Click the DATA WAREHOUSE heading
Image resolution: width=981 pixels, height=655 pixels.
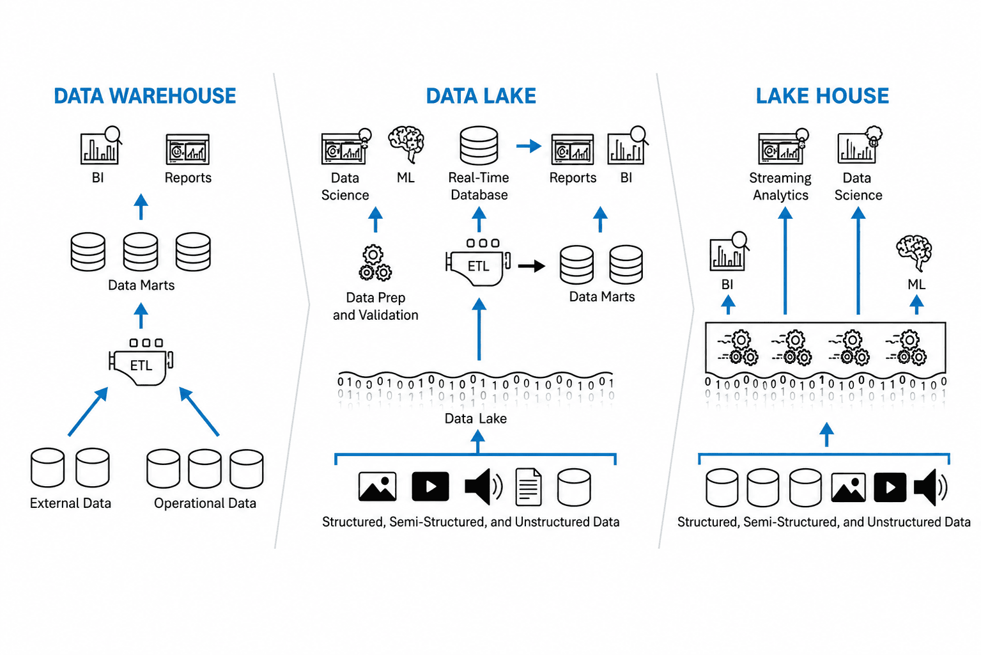[x=145, y=96]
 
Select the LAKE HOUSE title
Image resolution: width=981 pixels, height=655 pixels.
[x=823, y=96]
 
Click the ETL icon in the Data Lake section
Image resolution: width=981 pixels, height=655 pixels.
[x=478, y=263]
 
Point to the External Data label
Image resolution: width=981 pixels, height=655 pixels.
[x=70, y=503]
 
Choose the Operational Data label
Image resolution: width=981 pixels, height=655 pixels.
[x=205, y=503]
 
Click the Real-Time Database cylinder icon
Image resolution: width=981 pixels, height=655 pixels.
[x=479, y=146]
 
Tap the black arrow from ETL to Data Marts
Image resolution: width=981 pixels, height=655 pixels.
[x=532, y=265]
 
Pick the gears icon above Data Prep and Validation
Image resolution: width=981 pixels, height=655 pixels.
[x=375, y=263]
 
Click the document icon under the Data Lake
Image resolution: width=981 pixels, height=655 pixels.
[x=528, y=487]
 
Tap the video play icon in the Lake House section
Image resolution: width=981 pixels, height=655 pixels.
[x=890, y=487]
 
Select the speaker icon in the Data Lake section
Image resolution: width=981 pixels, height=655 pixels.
[x=484, y=487]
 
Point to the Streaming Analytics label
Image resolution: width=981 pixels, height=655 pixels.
[x=780, y=186]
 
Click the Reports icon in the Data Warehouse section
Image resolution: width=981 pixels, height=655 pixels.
[x=187, y=149]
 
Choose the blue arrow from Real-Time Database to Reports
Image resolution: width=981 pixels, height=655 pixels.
[x=529, y=146]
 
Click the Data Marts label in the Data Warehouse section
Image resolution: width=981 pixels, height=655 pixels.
[x=141, y=285]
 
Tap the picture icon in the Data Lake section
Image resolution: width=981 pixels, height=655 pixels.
[x=378, y=486]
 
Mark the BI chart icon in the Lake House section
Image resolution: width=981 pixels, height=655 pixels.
[x=729, y=251]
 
